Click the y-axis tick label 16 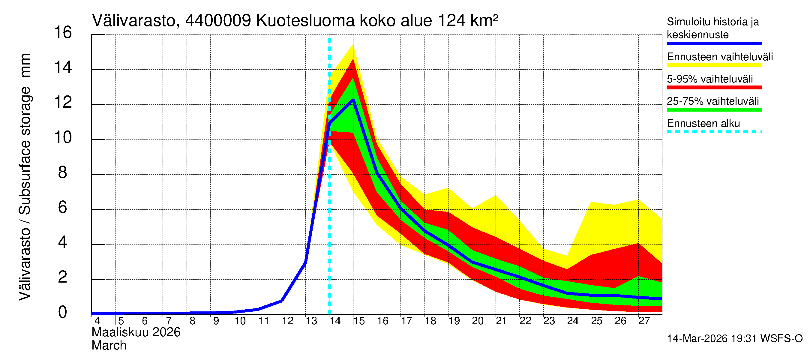[63, 33]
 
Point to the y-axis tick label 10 [63, 138]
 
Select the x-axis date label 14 [335, 321]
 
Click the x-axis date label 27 [644, 321]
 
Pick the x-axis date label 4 [97, 321]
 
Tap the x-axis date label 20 [478, 321]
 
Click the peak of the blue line [353, 100]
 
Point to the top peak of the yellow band [353, 45]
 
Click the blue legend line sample [714, 43]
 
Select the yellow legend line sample [714, 65]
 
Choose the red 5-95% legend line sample [714, 87]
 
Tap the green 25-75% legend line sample [714, 110]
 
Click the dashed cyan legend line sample [714, 132]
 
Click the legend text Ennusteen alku [703, 124]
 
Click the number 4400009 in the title [218, 21]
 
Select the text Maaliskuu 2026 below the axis [136, 332]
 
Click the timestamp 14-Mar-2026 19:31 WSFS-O [734, 339]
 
